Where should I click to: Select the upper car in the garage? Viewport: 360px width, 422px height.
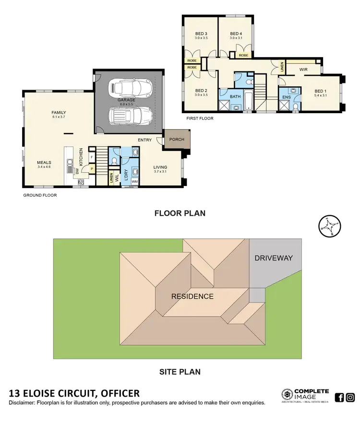click(131, 88)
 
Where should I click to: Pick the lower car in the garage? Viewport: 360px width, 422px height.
click(131, 116)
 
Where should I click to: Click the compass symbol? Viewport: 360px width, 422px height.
click(329, 226)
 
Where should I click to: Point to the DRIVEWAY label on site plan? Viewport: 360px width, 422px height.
click(274, 258)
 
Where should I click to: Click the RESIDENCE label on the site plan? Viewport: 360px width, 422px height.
click(192, 296)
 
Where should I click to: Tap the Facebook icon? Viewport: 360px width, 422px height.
click(339, 397)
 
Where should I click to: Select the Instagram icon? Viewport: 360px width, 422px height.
click(350, 397)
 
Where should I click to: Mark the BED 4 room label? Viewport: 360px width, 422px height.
click(235, 33)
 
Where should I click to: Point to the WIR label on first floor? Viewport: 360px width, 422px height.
click(303, 70)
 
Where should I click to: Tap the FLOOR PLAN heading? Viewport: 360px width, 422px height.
click(180, 213)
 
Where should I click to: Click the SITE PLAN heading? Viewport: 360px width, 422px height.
click(180, 371)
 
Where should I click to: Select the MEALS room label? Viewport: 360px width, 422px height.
click(44, 162)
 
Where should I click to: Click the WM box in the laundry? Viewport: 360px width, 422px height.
click(134, 181)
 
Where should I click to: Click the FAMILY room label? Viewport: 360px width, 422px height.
click(59, 113)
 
